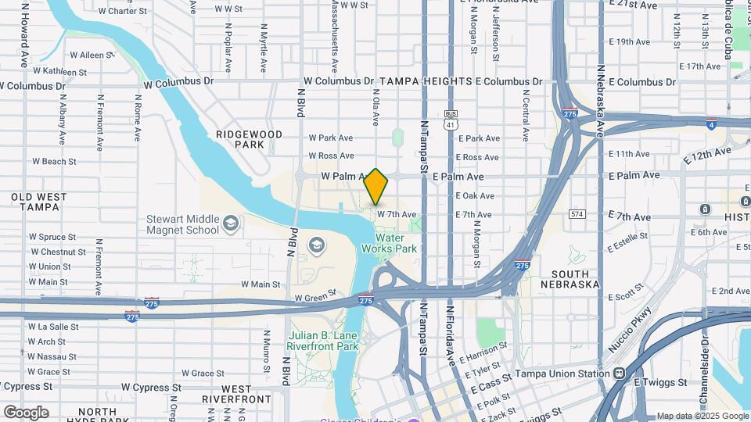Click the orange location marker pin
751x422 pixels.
376,186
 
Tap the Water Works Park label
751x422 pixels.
389,243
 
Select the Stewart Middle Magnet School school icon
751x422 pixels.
230,224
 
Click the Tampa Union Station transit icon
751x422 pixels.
619,374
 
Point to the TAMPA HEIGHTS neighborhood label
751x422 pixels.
426,81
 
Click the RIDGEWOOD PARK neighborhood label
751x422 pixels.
249,139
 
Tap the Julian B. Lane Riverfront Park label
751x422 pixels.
322,341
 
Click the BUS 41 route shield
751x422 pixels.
450,120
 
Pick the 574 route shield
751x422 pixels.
577,214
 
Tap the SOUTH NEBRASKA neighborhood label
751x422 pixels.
575,279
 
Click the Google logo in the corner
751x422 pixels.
26,412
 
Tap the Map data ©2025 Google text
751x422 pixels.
702,416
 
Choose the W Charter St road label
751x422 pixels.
123,11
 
